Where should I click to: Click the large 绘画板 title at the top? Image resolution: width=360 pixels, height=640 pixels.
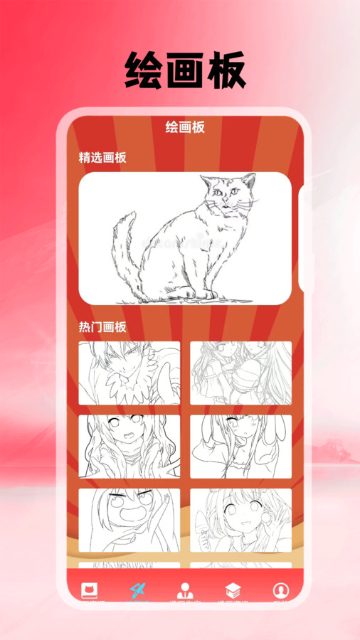click(x=186, y=70)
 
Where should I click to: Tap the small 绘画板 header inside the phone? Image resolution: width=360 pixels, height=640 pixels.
click(x=185, y=127)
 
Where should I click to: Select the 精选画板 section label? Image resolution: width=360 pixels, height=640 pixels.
click(x=102, y=158)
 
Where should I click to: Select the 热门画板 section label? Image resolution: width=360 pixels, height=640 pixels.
click(x=102, y=327)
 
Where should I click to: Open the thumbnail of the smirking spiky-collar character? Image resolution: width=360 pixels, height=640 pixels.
click(x=129, y=373)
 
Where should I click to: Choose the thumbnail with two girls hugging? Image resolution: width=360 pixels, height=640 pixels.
click(x=240, y=373)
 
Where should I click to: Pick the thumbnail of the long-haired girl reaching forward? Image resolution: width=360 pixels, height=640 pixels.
click(x=129, y=446)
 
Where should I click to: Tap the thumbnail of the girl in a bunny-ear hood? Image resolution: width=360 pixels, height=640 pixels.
click(x=240, y=446)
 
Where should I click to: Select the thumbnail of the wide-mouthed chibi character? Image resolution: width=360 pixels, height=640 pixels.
click(x=129, y=519)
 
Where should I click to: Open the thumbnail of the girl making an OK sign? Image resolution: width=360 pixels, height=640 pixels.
click(x=240, y=519)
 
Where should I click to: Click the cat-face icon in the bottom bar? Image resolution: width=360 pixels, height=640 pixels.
click(x=90, y=590)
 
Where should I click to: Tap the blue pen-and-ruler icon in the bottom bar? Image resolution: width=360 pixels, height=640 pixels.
click(x=137, y=590)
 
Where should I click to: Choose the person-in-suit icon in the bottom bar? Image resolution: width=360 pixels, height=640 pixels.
click(x=184, y=590)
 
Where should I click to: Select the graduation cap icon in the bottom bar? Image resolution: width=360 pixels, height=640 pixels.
click(x=233, y=590)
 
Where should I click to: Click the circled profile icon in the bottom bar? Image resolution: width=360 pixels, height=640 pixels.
click(x=281, y=590)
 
